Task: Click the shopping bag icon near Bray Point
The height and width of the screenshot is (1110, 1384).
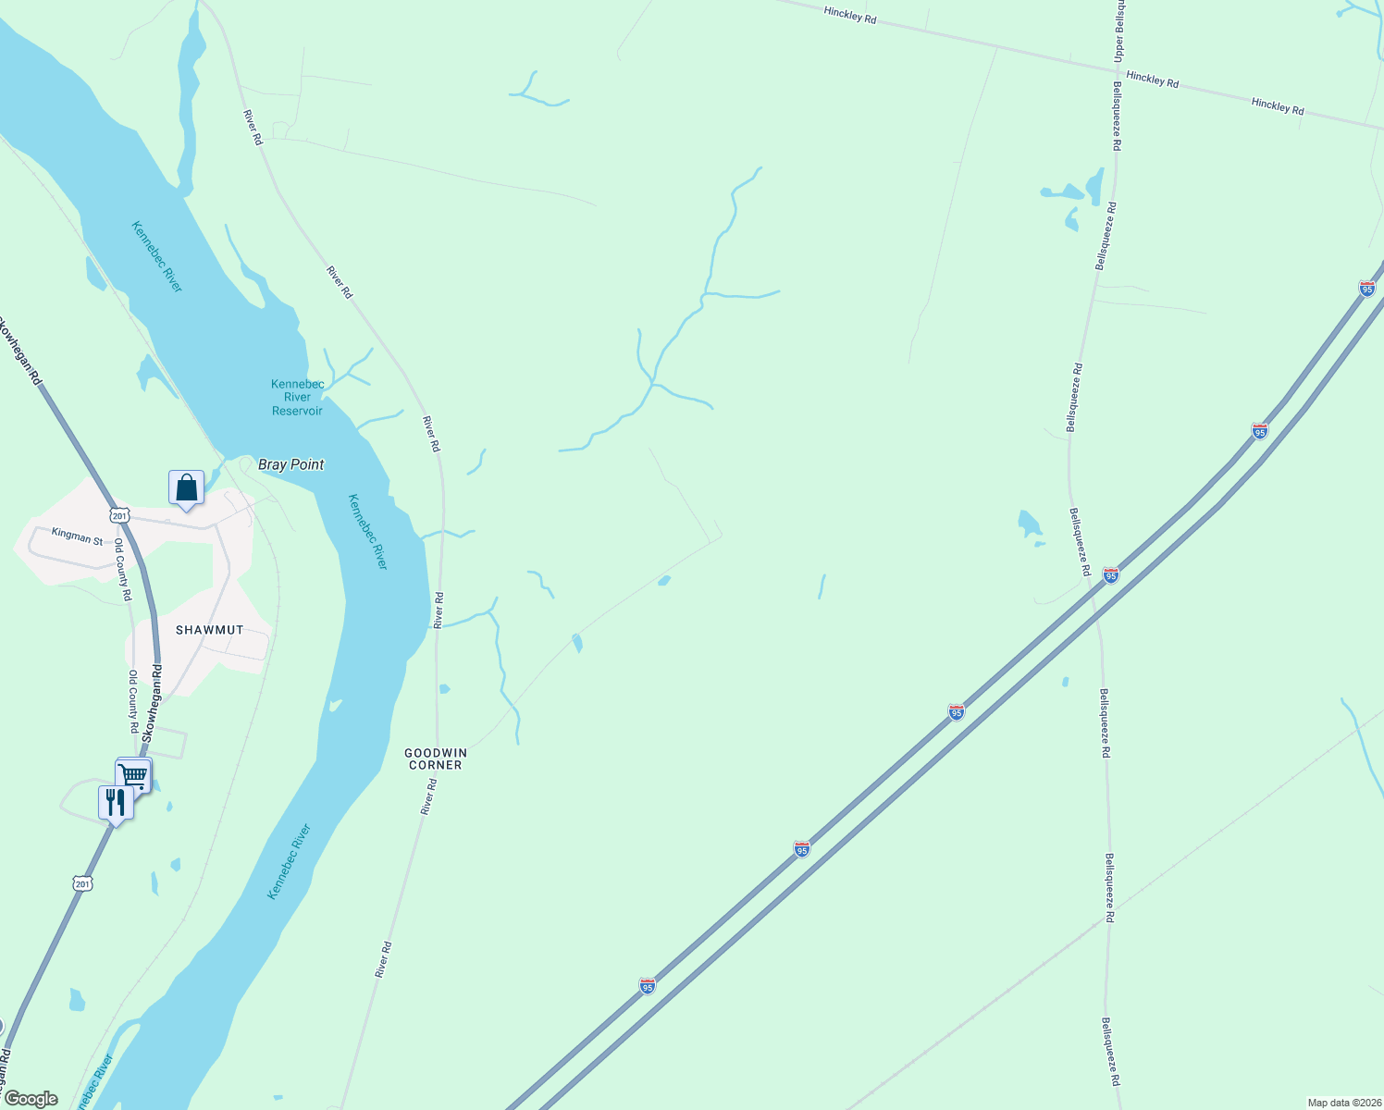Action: [186, 487]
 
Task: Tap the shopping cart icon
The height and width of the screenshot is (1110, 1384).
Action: [133, 774]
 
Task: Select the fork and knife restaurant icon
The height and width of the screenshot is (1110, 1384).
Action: [116, 802]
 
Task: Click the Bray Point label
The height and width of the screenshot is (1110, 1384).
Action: [291, 464]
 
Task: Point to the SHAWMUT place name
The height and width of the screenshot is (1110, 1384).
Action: [210, 630]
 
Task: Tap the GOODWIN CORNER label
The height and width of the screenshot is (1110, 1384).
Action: [436, 758]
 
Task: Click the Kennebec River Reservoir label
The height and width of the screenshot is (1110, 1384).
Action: [297, 397]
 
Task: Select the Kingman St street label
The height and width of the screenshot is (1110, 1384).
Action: [78, 536]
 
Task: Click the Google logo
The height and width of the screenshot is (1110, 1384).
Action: [31, 1099]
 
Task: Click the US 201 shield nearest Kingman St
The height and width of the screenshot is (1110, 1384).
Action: [118, 514]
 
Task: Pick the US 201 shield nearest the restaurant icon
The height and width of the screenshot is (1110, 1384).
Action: [83, 883]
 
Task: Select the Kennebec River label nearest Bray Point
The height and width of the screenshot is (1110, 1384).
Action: [366, 531]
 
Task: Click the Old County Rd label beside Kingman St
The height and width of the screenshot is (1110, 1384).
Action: [121, 571]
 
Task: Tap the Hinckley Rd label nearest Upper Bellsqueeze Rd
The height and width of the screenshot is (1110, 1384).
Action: [1153, 80]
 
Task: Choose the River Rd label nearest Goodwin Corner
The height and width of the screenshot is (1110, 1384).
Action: [428, 796]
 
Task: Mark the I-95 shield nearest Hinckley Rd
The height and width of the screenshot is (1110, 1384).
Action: [1366, 289]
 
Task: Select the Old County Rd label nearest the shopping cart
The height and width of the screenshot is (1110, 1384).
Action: [133, 701]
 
